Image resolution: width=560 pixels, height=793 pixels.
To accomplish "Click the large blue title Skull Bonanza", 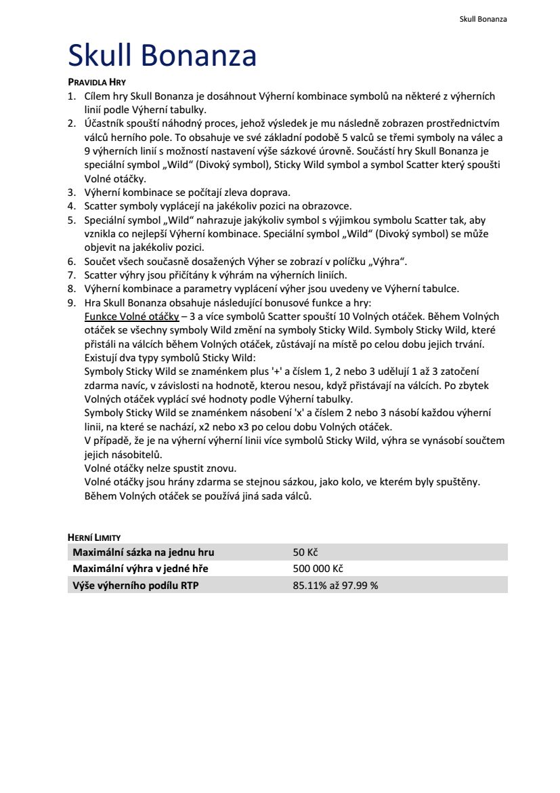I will click(163, 56).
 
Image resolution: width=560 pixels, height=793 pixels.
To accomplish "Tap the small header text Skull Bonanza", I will click(483, 19).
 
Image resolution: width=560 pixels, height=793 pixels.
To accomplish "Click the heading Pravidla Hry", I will click(97, 83).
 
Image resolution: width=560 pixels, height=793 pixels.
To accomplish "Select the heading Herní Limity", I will click(94, 537).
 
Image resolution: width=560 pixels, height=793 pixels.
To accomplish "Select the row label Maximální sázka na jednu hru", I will click(144, 552).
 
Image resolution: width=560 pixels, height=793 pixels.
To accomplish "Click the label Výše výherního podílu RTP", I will click(135, 585).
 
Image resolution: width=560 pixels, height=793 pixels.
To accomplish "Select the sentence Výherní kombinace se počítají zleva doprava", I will click(187, 192).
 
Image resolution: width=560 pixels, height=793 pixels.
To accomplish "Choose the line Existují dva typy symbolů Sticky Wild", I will click(170, 358).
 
